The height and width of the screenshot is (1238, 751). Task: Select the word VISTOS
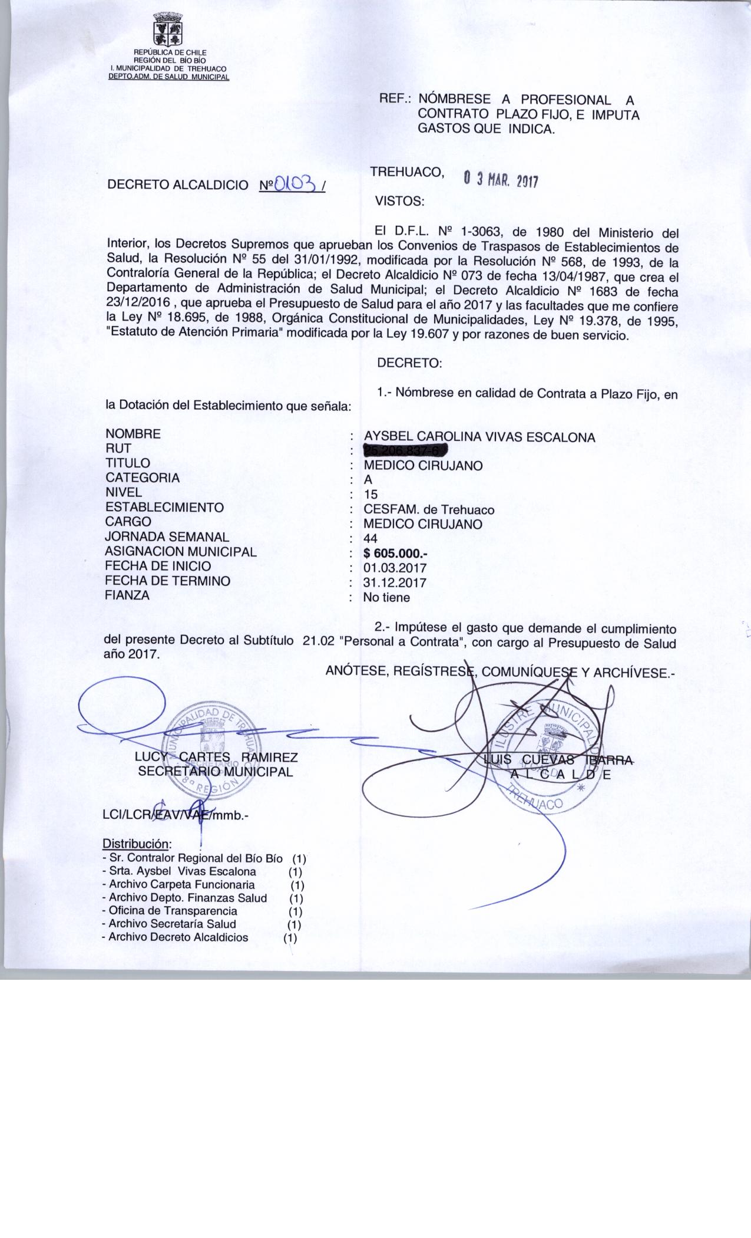(399, 201)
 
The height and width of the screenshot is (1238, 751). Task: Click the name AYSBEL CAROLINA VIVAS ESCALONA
(480, 437)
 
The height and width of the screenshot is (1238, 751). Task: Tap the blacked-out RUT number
(406, 451)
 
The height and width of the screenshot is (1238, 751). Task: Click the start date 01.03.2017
(395, 568)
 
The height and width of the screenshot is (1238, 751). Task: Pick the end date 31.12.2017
(395, 583)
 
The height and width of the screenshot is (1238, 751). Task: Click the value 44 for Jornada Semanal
(371, 538)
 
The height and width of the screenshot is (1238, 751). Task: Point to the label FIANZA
(127, 595)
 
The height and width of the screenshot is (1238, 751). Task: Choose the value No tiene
(386, 598)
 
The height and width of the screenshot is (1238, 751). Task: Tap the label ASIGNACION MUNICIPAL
(180, 552)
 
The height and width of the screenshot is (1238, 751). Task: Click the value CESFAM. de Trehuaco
(429, 509)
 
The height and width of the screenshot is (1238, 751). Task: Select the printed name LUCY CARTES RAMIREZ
(216, 758)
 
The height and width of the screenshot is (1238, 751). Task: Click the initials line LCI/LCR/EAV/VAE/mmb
(176, 816)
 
